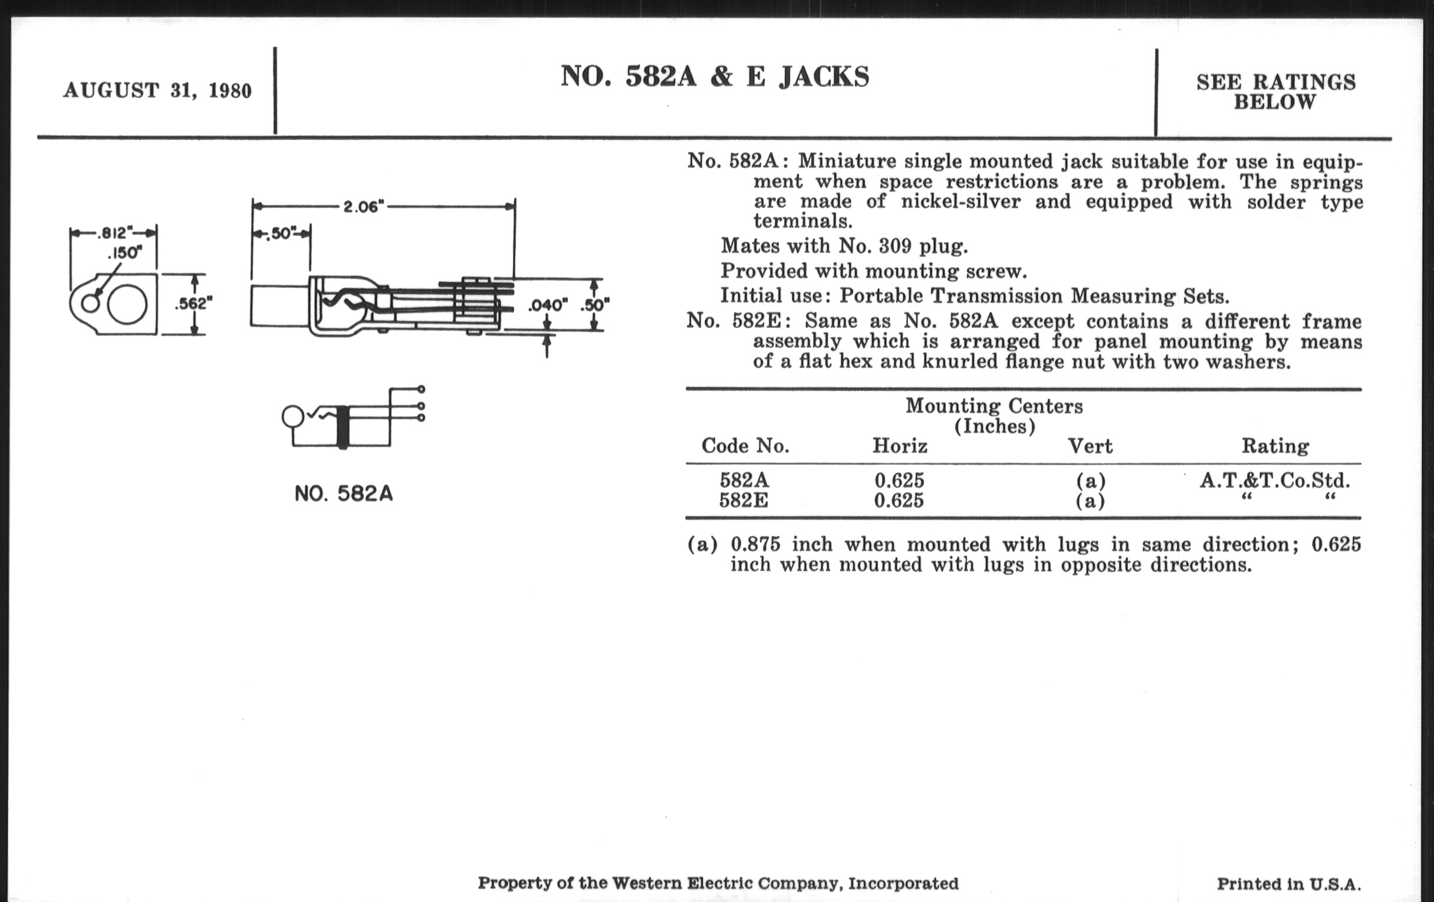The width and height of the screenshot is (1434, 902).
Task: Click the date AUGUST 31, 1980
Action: tap(157, 91)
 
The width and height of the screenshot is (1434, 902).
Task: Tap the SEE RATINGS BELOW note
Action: tap(1275, 92)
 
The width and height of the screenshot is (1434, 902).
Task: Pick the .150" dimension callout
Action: tap(125, 253)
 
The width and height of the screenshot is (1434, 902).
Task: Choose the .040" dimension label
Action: tap(548, 306)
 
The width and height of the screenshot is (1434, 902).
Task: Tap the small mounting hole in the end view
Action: tap(90, 304)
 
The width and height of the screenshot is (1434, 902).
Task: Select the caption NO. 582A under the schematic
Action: tap(344, 493)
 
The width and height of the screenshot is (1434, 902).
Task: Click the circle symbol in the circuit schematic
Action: tap(292, 416)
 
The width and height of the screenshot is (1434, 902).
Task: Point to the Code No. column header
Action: tap(745, 446)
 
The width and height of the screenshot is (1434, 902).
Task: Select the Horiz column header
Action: tap(899, 446)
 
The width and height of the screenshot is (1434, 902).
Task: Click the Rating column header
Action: tap(1275, 446)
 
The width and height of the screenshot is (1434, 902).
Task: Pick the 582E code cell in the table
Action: tap(744, 500)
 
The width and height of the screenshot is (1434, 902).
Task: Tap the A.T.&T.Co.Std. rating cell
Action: tap(1274, 480)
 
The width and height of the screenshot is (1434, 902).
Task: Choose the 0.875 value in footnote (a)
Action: tap(755, 544)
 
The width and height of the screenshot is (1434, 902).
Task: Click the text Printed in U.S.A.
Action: tap(1289, 884)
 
